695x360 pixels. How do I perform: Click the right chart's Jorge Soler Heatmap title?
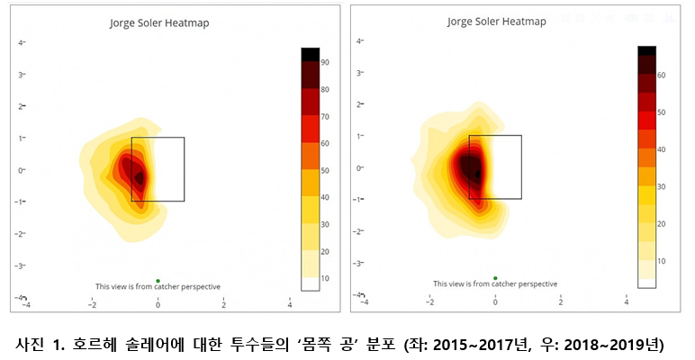tap(496, 21)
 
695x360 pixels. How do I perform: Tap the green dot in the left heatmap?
tap(158, 280)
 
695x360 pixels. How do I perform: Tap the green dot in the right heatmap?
tap(495, 278)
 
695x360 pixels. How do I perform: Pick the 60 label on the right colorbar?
tap(661, 76)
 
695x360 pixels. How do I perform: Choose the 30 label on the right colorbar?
tap(661, 186)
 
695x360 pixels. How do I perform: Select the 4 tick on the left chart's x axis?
tap(289, 304)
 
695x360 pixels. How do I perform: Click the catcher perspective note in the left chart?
tap(158, 287)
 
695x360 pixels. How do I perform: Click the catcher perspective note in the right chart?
tap(496, 284)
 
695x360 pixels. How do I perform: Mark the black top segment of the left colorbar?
tap(310, 54)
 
